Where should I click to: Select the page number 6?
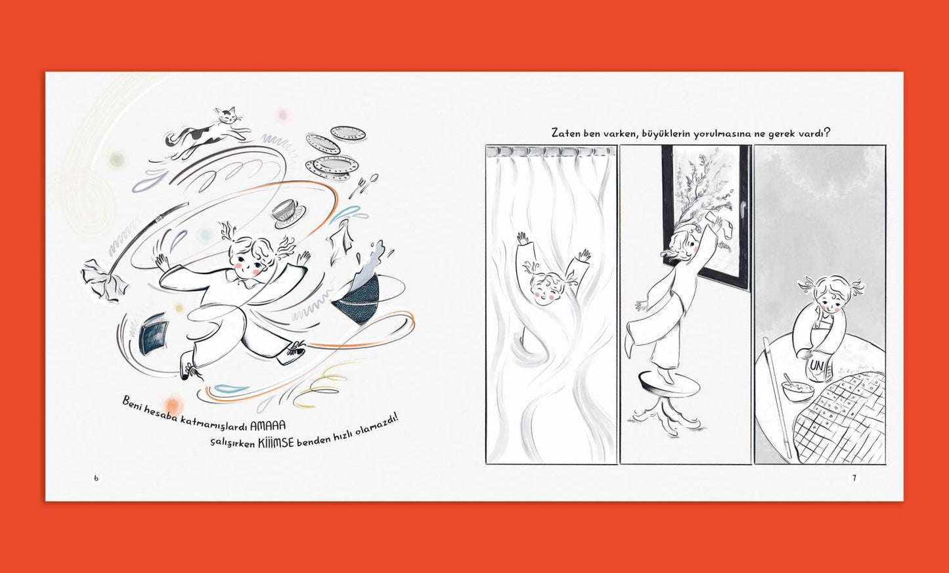96,478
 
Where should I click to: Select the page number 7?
854,478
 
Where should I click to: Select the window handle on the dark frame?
741,208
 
